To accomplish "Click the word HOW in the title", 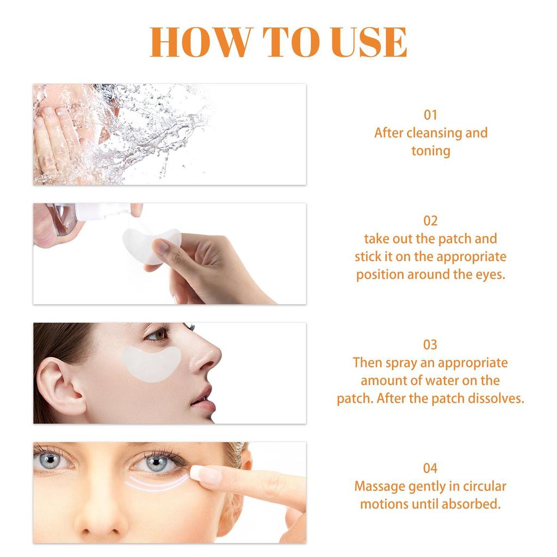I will pyautogui.click(x=201, y=42).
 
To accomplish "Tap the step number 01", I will pyautogui.click(x=430, y=115).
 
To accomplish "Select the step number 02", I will pyautogui.click(x=430, y=220).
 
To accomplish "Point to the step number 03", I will pyautogui.click(x=430, y=344).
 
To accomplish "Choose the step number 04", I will pyautogui.click(x=430, y=468).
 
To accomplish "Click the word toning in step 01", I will pyautogui.click(x=430, y=151).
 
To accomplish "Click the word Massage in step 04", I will pyautogui.click(x=380, y=486).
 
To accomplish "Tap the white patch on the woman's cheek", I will pyautogui.click(x=151, y=361).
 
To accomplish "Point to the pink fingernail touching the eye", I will pyautogui.click(x=206, y=475).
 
